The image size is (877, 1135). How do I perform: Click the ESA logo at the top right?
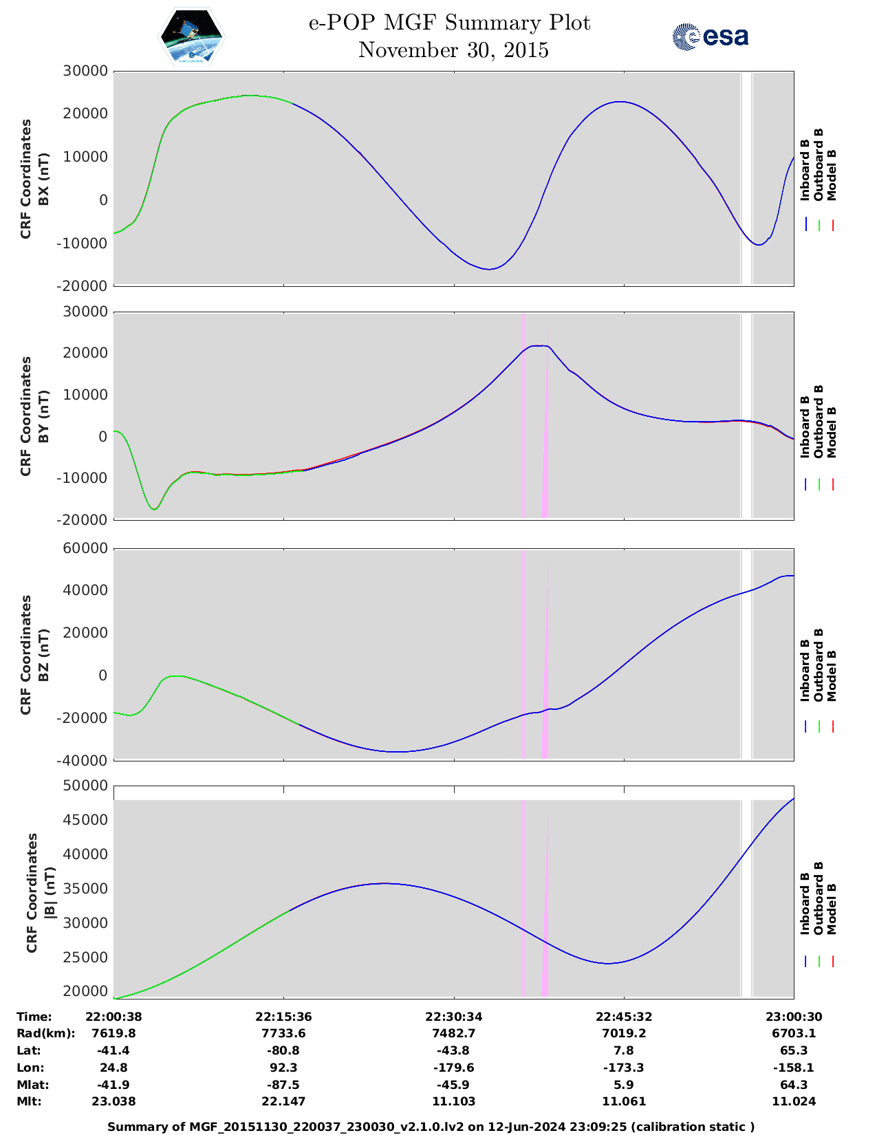tap(711, 36)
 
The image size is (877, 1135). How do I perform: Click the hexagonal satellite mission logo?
tap(192, 36)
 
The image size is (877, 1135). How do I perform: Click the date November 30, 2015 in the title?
tap(453, 50)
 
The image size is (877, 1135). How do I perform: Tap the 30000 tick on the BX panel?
tap(85, 71)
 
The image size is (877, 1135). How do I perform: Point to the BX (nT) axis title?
tap(43, 179)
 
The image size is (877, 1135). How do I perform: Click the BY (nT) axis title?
tap(43, 416)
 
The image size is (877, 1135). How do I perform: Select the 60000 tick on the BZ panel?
tap(85, 548)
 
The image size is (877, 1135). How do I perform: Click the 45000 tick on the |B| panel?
tap(85, 819)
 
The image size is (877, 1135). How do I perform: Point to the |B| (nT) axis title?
tap(50, 893)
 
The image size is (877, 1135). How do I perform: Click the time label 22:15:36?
tap(283, 1017)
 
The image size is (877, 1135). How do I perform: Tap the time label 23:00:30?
tap(794, 1017)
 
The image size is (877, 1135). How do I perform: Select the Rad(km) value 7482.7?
tap(453, 1033)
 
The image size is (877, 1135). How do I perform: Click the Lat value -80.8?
tap(283, 1050)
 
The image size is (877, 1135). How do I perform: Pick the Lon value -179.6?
tap(453, 1068)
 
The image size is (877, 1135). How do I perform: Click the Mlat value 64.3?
tap(794, 1085)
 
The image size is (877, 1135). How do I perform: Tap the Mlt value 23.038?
tap(114, 1101)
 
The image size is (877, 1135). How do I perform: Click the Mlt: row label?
tap(29, 1101)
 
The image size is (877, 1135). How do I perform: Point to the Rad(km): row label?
tap(46, 1033)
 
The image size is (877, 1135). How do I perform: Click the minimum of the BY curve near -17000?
tap(154, 509)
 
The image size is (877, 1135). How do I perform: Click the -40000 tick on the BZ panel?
tap(83, 761)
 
